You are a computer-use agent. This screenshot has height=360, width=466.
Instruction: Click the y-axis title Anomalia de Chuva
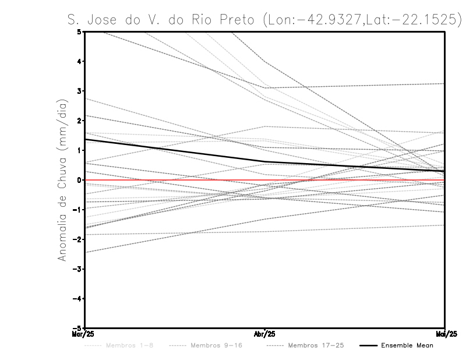62,180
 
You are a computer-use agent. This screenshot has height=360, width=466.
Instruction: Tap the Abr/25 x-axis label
264,334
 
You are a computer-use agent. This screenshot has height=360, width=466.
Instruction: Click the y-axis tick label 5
79,31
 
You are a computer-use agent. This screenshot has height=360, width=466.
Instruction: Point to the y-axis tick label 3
79,91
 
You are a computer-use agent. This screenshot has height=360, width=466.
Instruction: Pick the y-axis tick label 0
79,180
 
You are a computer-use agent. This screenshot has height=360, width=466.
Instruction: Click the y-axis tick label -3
77,269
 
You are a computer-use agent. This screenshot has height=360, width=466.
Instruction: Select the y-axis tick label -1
77,210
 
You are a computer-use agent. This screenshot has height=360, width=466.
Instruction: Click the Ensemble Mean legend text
407,345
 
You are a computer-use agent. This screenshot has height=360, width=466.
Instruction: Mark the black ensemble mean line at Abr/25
264,162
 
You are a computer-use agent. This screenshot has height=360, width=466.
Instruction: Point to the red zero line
349,180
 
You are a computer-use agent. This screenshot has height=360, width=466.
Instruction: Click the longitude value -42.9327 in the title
329,19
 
